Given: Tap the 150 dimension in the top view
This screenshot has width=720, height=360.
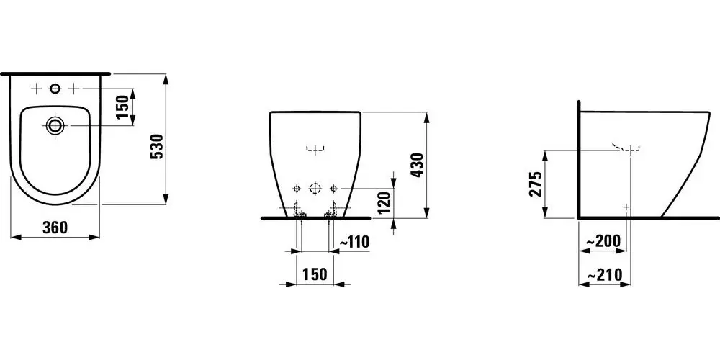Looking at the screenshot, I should (x=122, y=107).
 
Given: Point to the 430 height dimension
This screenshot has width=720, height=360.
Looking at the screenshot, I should (x=415, y=166).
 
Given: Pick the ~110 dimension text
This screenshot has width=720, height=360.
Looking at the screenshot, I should (x=354, y=243).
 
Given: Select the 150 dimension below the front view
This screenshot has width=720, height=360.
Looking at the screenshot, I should (x=314, y=274).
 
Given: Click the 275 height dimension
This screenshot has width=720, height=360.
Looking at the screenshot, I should (x=534, y=184).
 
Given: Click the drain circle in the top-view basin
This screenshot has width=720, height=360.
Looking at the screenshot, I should (x=55, y=125).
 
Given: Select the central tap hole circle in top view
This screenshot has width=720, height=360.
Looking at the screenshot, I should (x=55, y=89).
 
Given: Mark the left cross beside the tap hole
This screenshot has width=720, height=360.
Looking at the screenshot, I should (x=36, y=89).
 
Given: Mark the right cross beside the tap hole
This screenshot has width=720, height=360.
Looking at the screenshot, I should (x=73, y=89).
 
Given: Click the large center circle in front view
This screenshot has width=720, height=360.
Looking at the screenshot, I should (x=314, y=189).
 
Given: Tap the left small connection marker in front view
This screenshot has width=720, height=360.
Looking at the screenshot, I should (x=295, y=189).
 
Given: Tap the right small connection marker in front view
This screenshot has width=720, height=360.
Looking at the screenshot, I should (x=333, y=189).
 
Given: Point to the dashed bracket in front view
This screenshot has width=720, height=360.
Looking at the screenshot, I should (x=314, y=150).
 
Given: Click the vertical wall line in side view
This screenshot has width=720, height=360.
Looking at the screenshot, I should (x=578, y=158).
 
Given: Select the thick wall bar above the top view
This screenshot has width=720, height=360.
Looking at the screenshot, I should (x=55, y=73).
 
